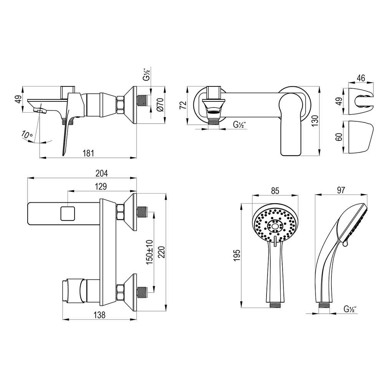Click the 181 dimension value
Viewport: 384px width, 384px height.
[x=88, y=153]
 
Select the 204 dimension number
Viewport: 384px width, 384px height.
[x=102, y=174]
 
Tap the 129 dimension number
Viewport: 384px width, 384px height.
[x=101, y=187]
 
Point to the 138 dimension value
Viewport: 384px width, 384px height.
[x=99, y=315]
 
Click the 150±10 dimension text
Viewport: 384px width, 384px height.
[x=149, y=252]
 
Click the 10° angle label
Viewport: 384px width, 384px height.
[x=27, y=134]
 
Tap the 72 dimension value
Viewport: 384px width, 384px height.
[x=183, y=105]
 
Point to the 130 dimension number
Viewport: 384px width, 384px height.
[x=315, y=121]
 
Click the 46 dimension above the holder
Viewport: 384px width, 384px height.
[x=361, y=78]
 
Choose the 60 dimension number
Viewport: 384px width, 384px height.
[x=339, y=137]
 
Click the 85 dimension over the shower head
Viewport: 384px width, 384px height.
[x=275, y=191]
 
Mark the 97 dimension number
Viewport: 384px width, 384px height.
[x=341, y=190]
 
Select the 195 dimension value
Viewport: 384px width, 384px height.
[x=237, y=255]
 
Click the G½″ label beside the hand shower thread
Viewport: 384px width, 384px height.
[x=350, y=309]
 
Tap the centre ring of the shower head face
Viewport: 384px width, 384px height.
[x=275, y=225]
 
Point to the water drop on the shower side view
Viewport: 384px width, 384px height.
[x=345, y=244]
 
